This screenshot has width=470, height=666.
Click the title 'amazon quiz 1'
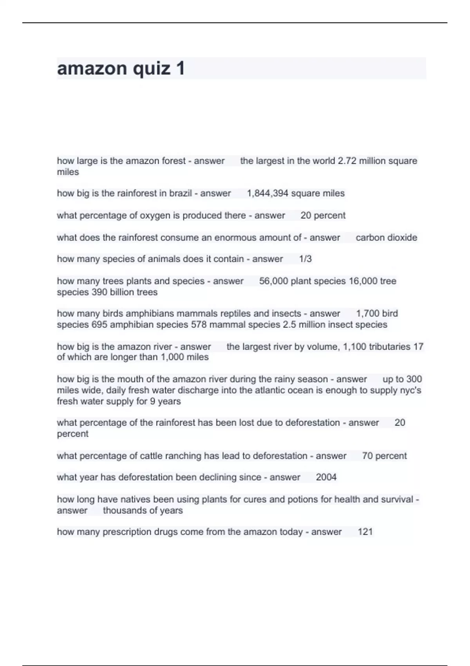pyautogui.click(x=121, y=69)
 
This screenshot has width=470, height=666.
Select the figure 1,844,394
pyautogui.click(x=268, y=194)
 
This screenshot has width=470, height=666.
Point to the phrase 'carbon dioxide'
pyautogui.click(x=386, y=237)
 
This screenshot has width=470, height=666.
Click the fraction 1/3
pyautogui.click(x=305, y=259)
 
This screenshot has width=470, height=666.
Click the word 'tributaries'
pyautogui.click(x=388, y=347)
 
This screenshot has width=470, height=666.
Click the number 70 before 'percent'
pyautogui.click(x=367, y=456)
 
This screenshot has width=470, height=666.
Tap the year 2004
pyautogui.click(x=326, y=477)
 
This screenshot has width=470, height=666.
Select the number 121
pyautogui.click(x=365, y=532)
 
